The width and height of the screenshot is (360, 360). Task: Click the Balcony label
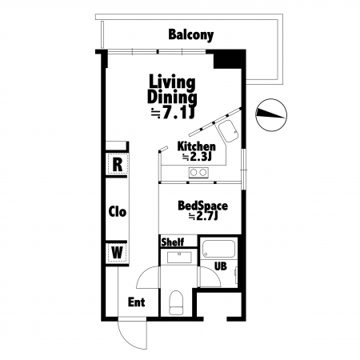pos(191,35)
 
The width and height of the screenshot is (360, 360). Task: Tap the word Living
pos(172,82)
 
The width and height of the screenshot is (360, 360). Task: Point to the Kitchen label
pos(196,146)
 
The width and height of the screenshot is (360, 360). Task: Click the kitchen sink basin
pos(228,131)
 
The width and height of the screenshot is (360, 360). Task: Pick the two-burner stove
pos(198,173)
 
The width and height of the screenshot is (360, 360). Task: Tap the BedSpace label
pos(202,206)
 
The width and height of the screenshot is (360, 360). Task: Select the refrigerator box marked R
pos(118,164)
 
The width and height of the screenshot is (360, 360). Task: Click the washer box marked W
pos(117,252)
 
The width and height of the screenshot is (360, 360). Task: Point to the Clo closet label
pos(118,212)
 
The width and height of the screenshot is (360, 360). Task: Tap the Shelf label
pos(173,242)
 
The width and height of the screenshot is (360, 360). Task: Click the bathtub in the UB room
pos(218,249)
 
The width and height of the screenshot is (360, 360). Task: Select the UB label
pos(221,266)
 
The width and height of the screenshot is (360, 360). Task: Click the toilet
pos(176,302)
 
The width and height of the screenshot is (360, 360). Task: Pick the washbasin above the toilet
pos(179,258)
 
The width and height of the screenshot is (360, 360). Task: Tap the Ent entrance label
pos(136,302)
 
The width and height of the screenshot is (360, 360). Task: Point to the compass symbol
pos(271,115)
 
